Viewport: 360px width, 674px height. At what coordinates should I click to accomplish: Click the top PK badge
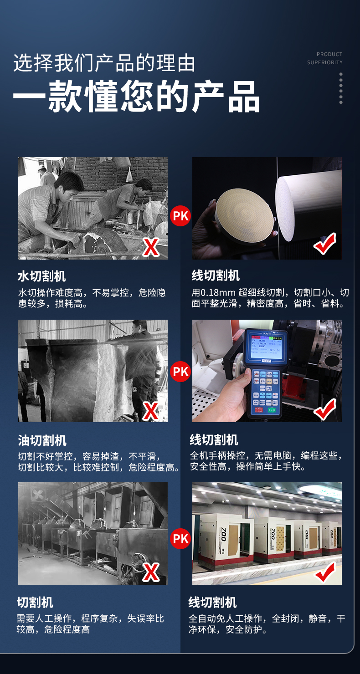[x=180, y=216]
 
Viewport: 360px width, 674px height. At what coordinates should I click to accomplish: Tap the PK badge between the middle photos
[x=180, y=371]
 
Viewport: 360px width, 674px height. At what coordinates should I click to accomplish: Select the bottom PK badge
[x=180, y=539]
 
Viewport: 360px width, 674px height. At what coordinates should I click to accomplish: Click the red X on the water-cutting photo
[x=151, y=247]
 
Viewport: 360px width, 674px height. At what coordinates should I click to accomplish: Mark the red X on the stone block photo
[x=150, y=411]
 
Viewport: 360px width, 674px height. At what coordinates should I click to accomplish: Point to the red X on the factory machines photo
[x=151, y=572]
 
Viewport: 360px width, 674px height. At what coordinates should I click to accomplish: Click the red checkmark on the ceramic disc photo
[x=325, y=243]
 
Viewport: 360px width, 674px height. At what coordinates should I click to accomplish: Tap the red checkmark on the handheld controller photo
[x=325, y=409]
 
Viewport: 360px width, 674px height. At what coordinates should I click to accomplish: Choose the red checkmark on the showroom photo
[x=325, y=572]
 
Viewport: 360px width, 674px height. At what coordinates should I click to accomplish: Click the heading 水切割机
[x=41, y=276]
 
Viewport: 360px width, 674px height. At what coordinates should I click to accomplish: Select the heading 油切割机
[x=42, y=440]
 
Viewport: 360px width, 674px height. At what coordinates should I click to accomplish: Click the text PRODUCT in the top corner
[x=329, y=54]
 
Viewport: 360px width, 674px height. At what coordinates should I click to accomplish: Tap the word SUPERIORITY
[x=325, y=62]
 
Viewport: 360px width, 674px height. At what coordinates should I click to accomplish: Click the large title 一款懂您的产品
[x=136, y=97]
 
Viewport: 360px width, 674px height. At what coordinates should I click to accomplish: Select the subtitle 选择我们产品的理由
[x=104, y=63]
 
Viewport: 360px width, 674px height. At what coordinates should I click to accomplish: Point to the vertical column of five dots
[x=341, y=88]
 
